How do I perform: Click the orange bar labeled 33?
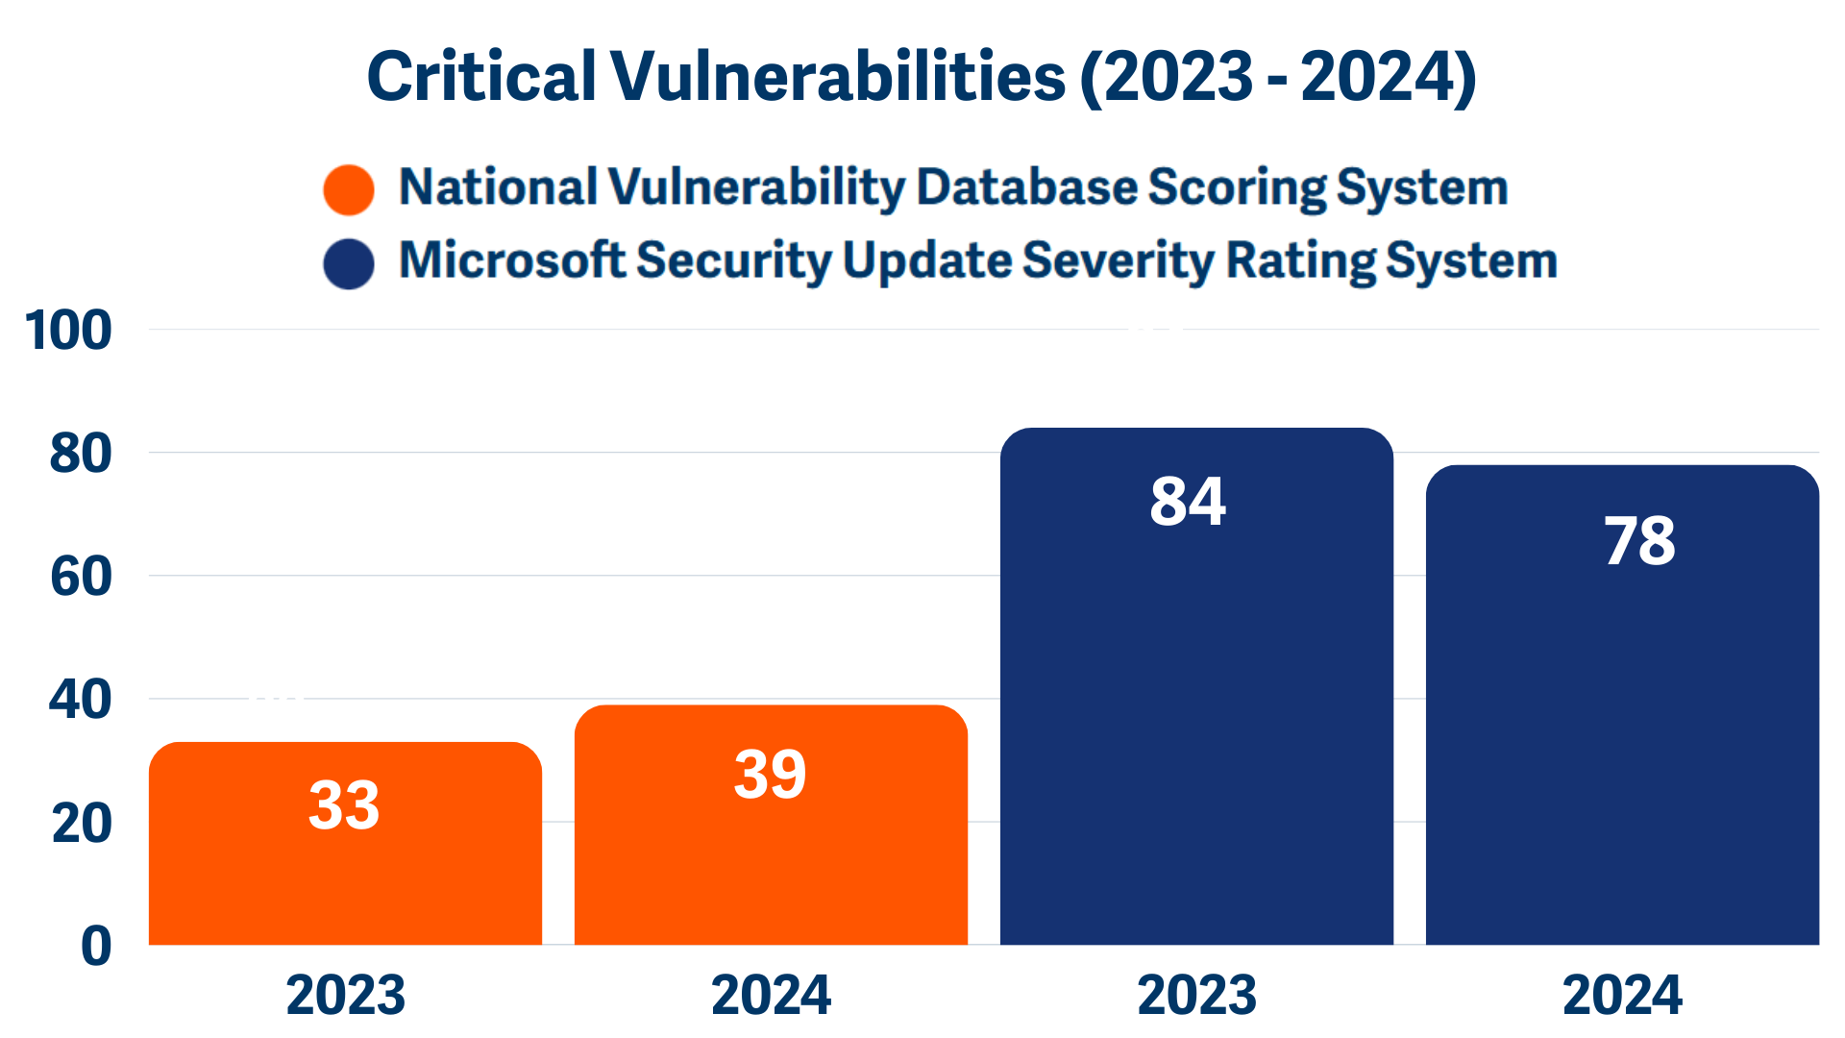point(345,844)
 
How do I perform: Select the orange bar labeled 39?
point(771,825)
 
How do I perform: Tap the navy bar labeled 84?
point(1196,686)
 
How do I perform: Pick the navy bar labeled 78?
point(1622,704)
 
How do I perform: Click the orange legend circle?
point(349,189)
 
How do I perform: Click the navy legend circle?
point(349,263)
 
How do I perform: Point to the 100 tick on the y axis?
point(68,331)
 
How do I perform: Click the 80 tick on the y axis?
point(81,454)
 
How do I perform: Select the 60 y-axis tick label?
point(81,577)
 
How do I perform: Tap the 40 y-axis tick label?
point(81,700)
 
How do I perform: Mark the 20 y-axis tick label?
point(82,824)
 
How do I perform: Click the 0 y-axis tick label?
point(96,946)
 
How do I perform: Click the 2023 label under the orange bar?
point(345,996)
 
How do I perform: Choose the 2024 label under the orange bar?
point(771,996)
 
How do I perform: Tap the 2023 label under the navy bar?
point(1196,996)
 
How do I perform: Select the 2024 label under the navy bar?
point(1622,996)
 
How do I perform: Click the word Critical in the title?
point(481,77)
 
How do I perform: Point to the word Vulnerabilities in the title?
point(837,77)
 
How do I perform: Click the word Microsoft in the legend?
point(511,260)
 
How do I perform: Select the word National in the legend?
point(498,186)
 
